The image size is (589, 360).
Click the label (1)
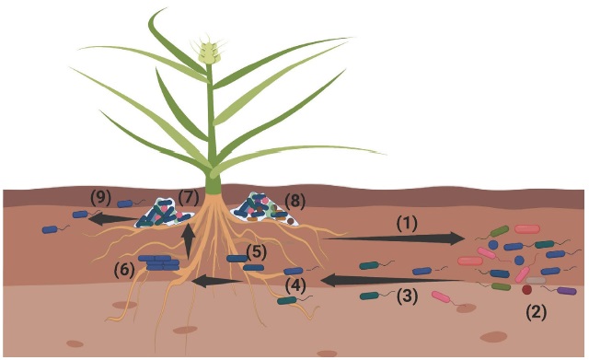click(x=408, y=222)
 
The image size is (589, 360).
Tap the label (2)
click(x=536, y=311)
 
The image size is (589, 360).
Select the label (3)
click(x=408, y=296)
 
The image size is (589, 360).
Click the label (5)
click(x=258, y=250)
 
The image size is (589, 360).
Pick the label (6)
click(x=125, y=270)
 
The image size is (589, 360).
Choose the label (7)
click(x=189, y=197)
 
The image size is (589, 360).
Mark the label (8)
click(x=295, y=199)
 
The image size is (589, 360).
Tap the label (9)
click(x=100, y=197)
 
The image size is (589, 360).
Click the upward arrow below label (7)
click(x=190, y=241)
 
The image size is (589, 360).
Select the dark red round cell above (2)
click(x=527, y=290)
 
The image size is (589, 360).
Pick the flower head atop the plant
click(x=211, y=52)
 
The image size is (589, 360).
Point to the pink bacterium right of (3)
click(x=443, y=297)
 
